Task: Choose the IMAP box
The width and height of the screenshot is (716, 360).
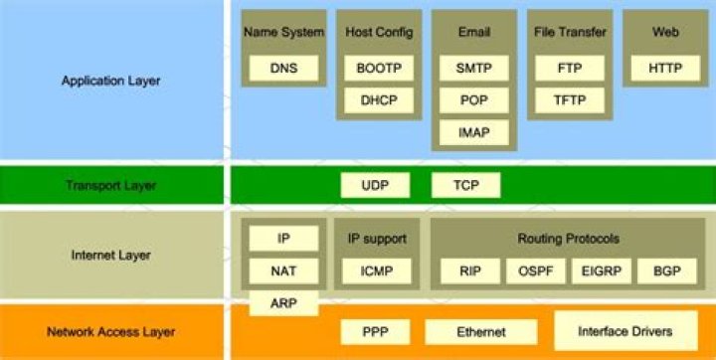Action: (x=473, y=131)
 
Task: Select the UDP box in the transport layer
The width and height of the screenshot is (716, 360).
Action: (x=374, y=185)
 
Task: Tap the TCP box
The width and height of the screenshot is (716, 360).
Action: (x=465, y=185)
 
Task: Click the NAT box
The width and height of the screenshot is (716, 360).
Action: (x=283, y=270)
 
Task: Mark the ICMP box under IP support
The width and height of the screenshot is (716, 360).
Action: (x=376, y=270)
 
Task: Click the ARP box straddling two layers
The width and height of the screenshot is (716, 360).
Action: (x=282, y=301)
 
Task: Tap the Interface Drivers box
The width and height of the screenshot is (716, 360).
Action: (x=625, y=330)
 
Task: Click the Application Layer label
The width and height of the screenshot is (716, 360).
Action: (x=110, y=81)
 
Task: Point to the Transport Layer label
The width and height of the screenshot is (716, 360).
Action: (x=110, y=185)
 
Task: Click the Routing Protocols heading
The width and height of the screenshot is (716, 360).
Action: (x=568, y=239)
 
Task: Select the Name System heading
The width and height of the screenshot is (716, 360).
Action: (x=283, y=33)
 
